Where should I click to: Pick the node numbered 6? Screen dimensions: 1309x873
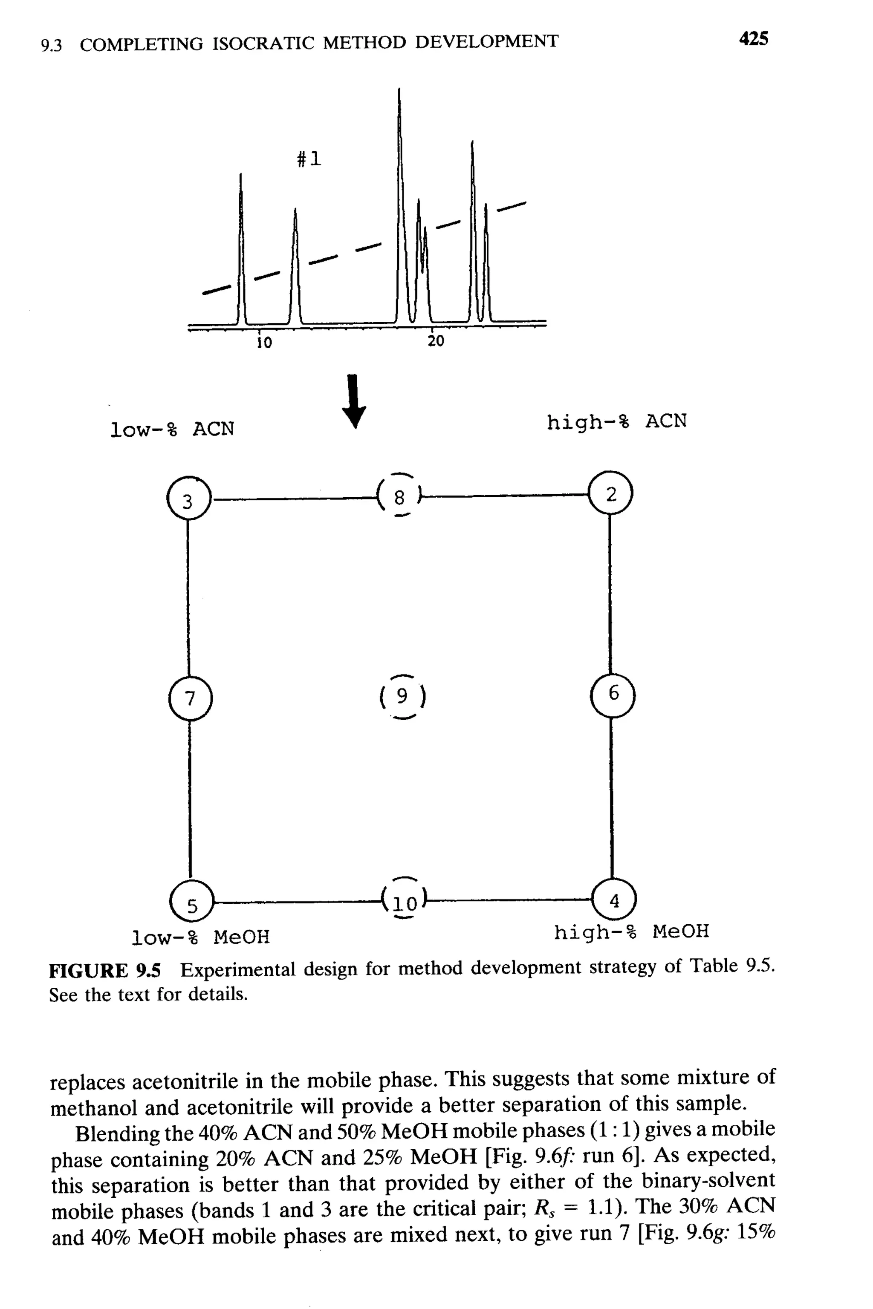click(x=613, y=694)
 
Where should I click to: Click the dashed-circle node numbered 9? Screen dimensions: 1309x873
click(x=402, y=696)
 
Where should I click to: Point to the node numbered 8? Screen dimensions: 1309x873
click(x=400, y=496)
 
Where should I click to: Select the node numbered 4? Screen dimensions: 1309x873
click(x=614, y=900)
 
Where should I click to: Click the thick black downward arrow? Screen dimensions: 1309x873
click(x=354, y=402)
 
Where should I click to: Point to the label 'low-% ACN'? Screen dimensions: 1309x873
click(x=172, y=429)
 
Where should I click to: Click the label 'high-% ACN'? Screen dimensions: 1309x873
click(x=616, y=422)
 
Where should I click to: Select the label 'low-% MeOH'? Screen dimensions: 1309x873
click(x=200, y=937)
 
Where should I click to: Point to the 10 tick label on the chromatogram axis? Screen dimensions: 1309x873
click(x=264, y=343)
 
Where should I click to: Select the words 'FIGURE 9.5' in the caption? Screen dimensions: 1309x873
click(x=105, y=971)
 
